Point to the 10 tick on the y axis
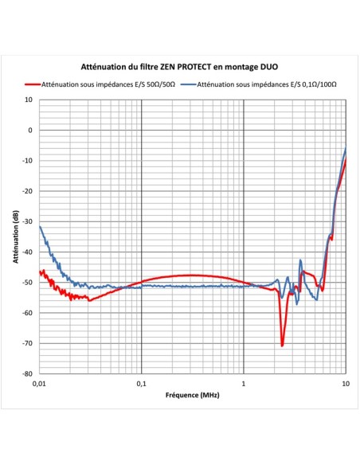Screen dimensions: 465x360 pos(29,100)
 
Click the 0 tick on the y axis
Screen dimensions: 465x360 pos(30,131)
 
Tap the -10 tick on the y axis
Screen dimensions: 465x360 pos(28,161)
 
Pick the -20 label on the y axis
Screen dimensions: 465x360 pos(28,191)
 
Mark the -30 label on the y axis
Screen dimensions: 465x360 pos(28,222)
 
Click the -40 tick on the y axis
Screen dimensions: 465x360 pos(28,252)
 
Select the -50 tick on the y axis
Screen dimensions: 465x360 pos(28,283)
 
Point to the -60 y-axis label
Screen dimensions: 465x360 pos(28,313)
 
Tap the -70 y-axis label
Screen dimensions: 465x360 pos(28,343)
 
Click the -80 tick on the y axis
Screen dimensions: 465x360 pos(28,373)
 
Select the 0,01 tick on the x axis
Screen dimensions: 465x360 pos(39,383)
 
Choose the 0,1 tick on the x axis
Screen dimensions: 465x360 pos(142,383)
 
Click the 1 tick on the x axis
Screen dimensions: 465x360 pos(244,383)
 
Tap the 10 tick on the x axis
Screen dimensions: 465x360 pos(345,383)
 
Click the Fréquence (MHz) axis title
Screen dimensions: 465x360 pos(192,395)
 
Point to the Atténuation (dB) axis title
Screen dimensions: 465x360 pos(16,237)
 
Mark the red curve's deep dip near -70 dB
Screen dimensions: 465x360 pos(283,345)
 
